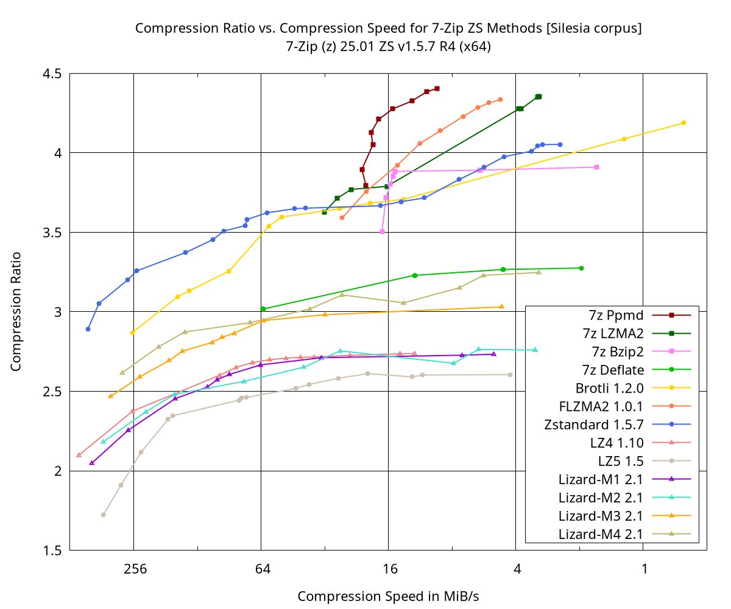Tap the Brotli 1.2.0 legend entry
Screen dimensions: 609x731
[x=609, y=388]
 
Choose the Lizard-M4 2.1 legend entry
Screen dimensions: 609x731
[x=601, y=534]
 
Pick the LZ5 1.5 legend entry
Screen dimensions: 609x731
[x=621, y=461]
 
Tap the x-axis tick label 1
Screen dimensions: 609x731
[x=644, y=569]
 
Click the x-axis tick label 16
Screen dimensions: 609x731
[x=389, y=569]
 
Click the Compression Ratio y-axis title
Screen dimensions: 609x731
[x=16, y=311]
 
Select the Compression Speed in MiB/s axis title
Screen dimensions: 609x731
[x=388, y=596]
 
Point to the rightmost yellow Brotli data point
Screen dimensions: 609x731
[x=683, y=122]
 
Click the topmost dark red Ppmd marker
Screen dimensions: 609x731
[x=437, y=89]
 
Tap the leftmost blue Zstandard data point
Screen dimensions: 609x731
[x=88, y=329]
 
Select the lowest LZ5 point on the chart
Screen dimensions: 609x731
[x=103, y=515]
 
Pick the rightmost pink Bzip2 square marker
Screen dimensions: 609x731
[x=596, y=167]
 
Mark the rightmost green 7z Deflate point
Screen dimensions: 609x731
[x=581, y=268]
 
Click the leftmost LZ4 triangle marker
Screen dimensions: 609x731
[x=79, y=455]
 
